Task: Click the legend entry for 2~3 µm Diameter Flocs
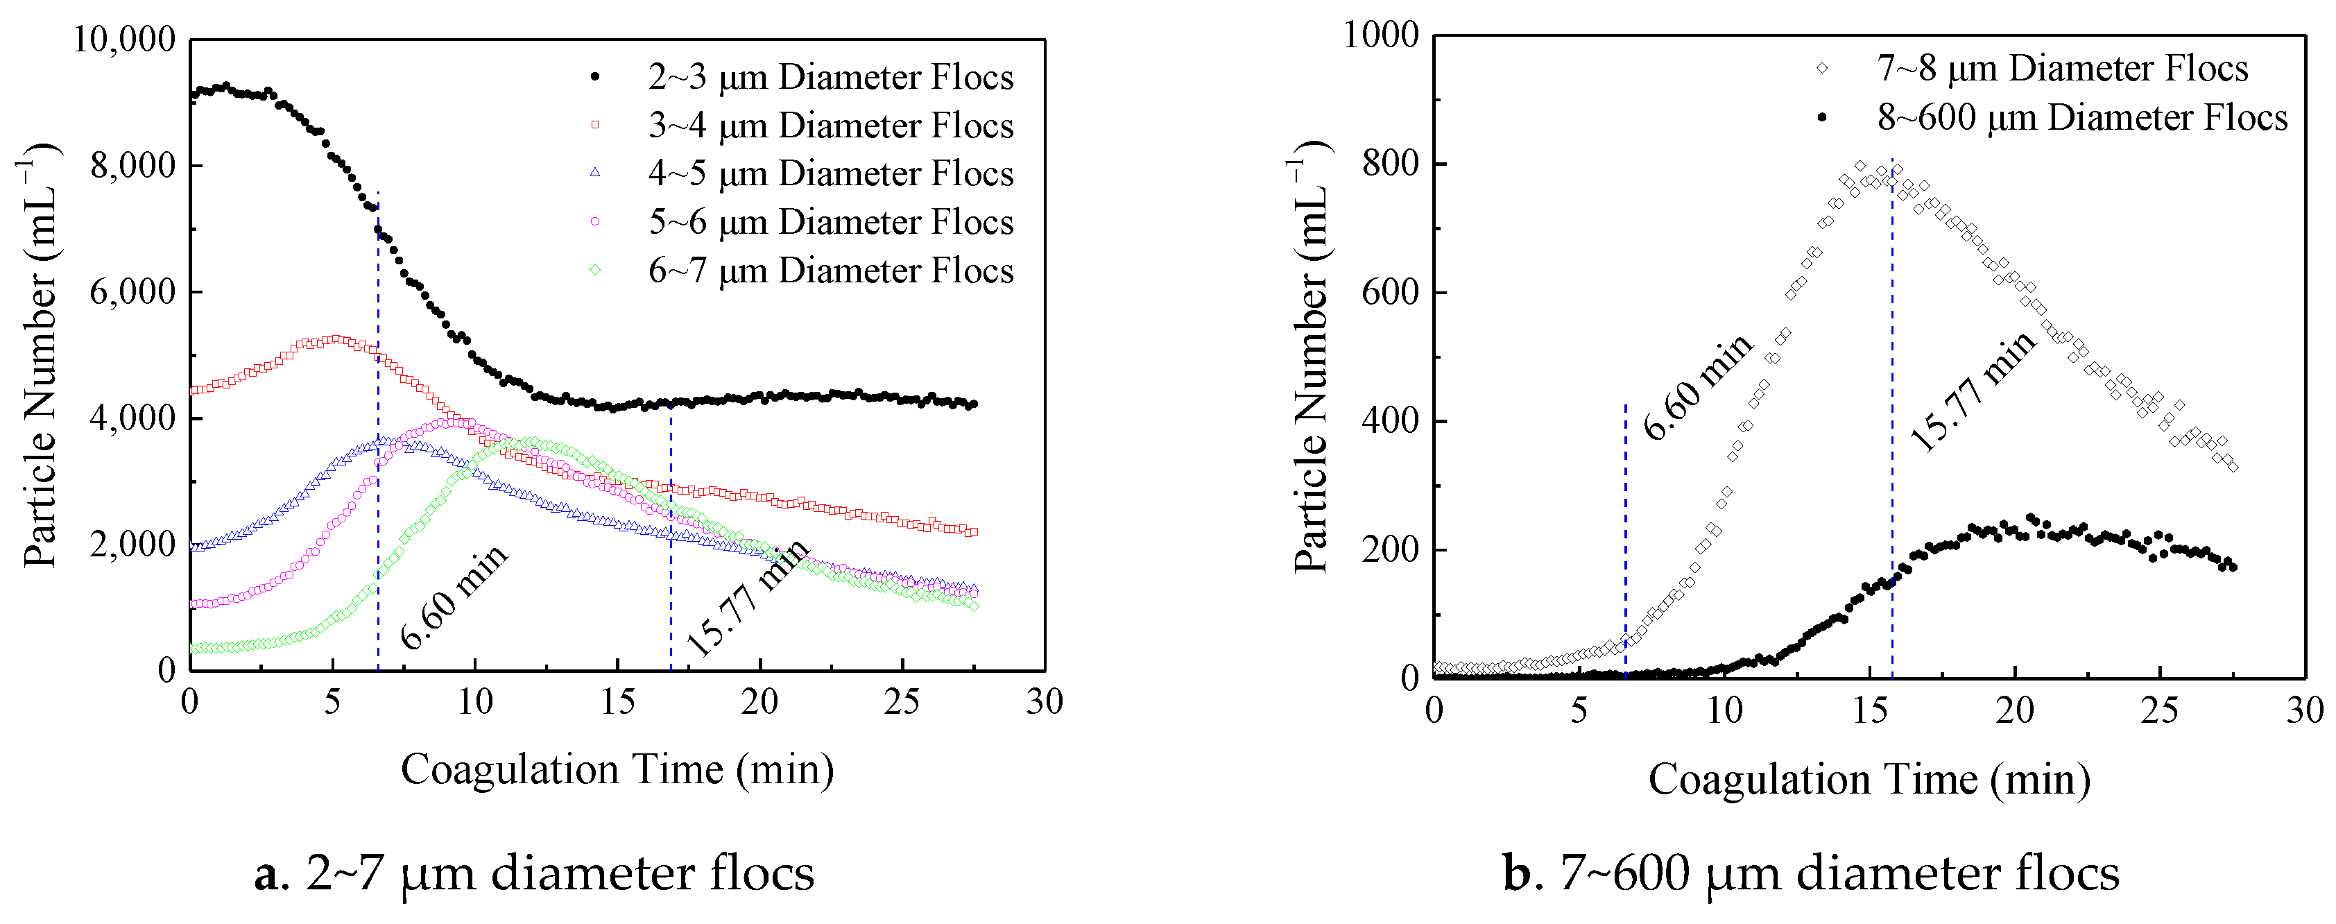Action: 830,78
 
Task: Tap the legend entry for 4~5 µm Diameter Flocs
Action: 830,174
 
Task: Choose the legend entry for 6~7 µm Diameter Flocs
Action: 830,271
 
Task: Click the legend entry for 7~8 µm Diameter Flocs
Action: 2061,69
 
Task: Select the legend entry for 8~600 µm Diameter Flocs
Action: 2081,118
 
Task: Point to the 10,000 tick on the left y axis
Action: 124,40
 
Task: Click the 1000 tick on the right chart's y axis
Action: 1380,36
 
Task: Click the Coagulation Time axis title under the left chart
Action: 617,770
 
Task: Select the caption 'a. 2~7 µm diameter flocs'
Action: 534,873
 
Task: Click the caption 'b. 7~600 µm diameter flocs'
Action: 1810,873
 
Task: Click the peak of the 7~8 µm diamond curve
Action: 1860,166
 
